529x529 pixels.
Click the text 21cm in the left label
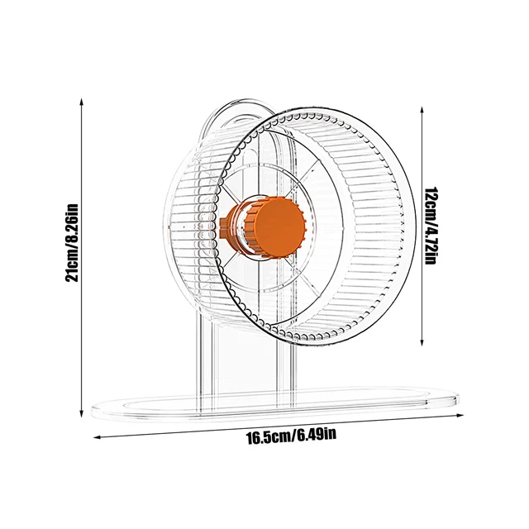73,266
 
